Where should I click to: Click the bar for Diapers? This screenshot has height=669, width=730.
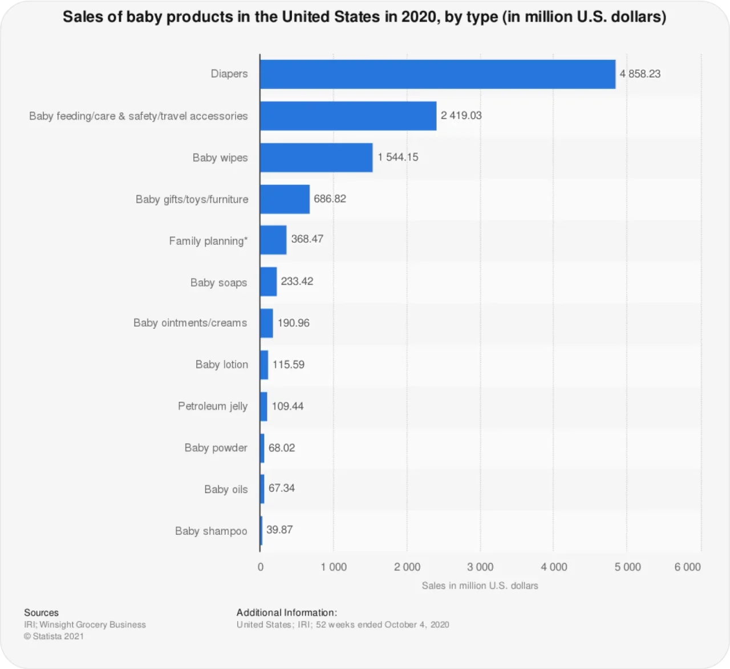(x=437, y=74)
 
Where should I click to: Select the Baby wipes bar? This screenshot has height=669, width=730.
(x=316, y=158)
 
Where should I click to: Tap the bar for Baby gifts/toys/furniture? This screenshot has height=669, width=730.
(x=285, y=199)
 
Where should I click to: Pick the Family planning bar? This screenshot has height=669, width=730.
(x=273, y=240)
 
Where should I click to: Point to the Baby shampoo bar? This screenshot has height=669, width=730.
(x=261, y=531)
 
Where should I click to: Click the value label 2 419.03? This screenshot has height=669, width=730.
(x=461, y=115)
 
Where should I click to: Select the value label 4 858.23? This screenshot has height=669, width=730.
(x=640, y=74)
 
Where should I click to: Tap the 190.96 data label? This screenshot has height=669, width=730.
(x=293, y=323)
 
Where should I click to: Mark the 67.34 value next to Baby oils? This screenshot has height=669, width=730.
(x=281, y=488)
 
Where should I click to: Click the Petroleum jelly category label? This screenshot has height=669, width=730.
(x=213, y=406)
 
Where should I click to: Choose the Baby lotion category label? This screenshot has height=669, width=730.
(x=221, y=365)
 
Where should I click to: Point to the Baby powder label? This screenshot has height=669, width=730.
(x=216, y=448)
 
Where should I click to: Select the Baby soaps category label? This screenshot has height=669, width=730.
(x=218, y=283)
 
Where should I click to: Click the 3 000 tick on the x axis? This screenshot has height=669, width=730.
(x=480, y=567)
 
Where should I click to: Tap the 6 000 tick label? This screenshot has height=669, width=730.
(x=687, y=567)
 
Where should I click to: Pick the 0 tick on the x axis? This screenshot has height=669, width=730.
(x=261, y=567)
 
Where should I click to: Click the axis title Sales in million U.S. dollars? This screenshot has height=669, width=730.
(x=480, y=586)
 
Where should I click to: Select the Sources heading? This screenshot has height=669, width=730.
(x=41, y=612)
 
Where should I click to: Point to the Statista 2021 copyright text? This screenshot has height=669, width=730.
(x=54, y=636)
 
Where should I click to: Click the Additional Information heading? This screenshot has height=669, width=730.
(x=286, y=612)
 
